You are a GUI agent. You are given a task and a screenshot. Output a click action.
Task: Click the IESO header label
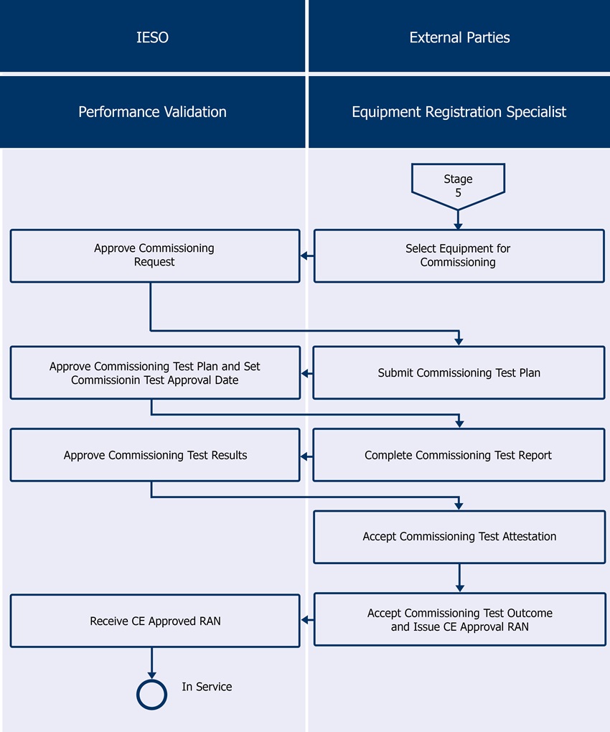(x=152, y=37)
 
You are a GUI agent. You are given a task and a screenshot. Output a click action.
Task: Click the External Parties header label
(x=459, y=37)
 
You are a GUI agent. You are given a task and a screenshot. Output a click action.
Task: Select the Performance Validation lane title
(x=152, y=112)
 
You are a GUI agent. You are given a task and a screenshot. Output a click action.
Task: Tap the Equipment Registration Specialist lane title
(x=459, y=112)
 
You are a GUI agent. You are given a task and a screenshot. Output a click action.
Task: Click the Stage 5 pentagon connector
(x=458, y=183)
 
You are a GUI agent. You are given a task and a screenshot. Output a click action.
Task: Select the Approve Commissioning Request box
(x=154, y=255)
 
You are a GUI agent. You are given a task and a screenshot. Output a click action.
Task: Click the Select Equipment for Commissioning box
(x=459, y=255)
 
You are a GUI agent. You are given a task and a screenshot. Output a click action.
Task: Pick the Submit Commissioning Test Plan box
(x=459, y=372)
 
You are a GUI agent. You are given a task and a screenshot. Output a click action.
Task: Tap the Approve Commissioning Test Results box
(x=155, y=455)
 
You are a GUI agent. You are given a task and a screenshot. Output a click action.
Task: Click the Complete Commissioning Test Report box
(x=459, y=455)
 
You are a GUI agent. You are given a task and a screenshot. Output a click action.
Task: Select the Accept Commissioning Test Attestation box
(x=459, y=536)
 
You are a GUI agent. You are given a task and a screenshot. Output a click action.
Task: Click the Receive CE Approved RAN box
(x=155, y=621)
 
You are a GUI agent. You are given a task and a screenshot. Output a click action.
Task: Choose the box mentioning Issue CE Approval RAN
(x=459, y=620)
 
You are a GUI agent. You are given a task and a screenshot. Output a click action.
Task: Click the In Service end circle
(x=151, y=694)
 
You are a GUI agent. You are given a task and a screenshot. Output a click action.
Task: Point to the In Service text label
(x=207, y=687)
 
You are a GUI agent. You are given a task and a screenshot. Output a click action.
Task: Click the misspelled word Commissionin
(x=105, y=380)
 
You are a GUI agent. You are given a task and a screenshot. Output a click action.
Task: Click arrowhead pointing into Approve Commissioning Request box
(x=304, y=256)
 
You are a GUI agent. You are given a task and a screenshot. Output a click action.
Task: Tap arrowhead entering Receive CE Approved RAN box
(x=304, y=620)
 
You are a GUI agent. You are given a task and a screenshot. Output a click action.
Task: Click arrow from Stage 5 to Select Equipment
(x=458, y=219)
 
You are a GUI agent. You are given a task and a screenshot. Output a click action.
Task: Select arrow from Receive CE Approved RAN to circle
(x=151, y=662)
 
